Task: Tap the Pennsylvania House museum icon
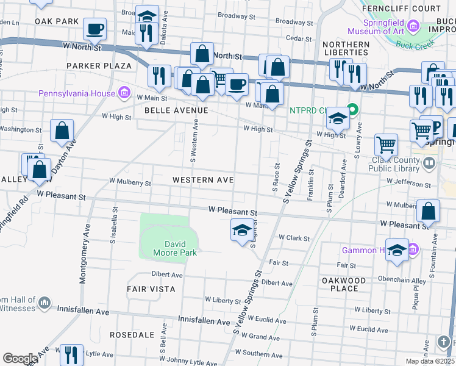click(x=124, y=93)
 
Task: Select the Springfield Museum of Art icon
click(x=414, y=26)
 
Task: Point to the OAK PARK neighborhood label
click(x=57, y=21)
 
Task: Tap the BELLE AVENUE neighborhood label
click(x=176, y=110)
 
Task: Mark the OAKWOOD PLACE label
click(x=344, y=284)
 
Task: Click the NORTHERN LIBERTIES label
click(x=346, y=49)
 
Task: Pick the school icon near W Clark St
click(x=242, y=230)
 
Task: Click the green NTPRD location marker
click(x=352, y=110)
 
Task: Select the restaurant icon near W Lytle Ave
click(x=72, y=354)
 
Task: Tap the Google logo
click(x=20, y=359)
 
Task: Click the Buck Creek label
click(x=411, y=45)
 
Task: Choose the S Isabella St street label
click(x=113, y=224)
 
